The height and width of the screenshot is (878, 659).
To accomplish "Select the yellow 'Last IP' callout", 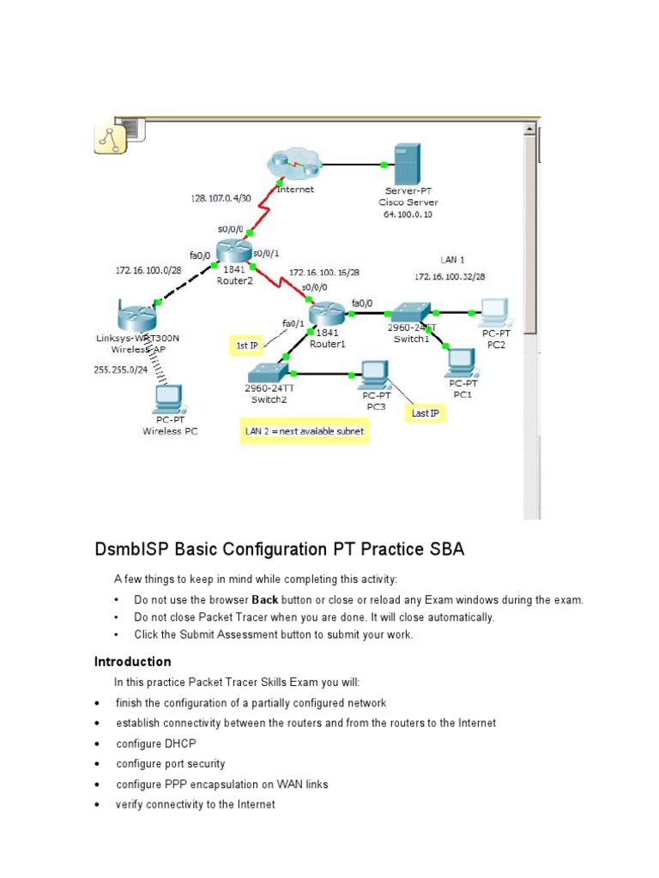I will [426, 413].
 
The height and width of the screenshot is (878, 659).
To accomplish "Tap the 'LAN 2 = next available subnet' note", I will [304, 431].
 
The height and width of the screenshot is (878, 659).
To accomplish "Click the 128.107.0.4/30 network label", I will [221, 198].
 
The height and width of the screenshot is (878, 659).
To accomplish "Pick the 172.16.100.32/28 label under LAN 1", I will [450, 277].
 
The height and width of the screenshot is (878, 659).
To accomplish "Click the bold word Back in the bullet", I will [264, 600].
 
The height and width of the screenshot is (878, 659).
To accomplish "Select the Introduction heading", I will [132, 661].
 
